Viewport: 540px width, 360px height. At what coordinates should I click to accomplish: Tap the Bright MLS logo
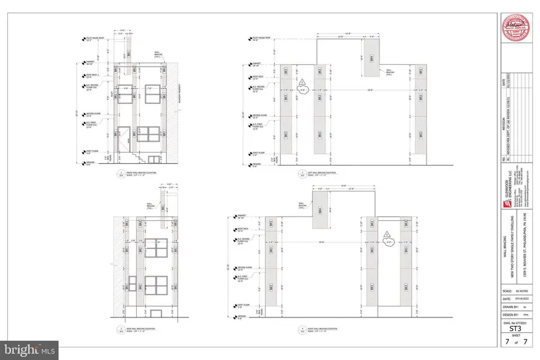[x=31, y=347]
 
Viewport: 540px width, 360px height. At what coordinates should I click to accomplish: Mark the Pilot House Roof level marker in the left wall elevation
[x=250, y=40]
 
